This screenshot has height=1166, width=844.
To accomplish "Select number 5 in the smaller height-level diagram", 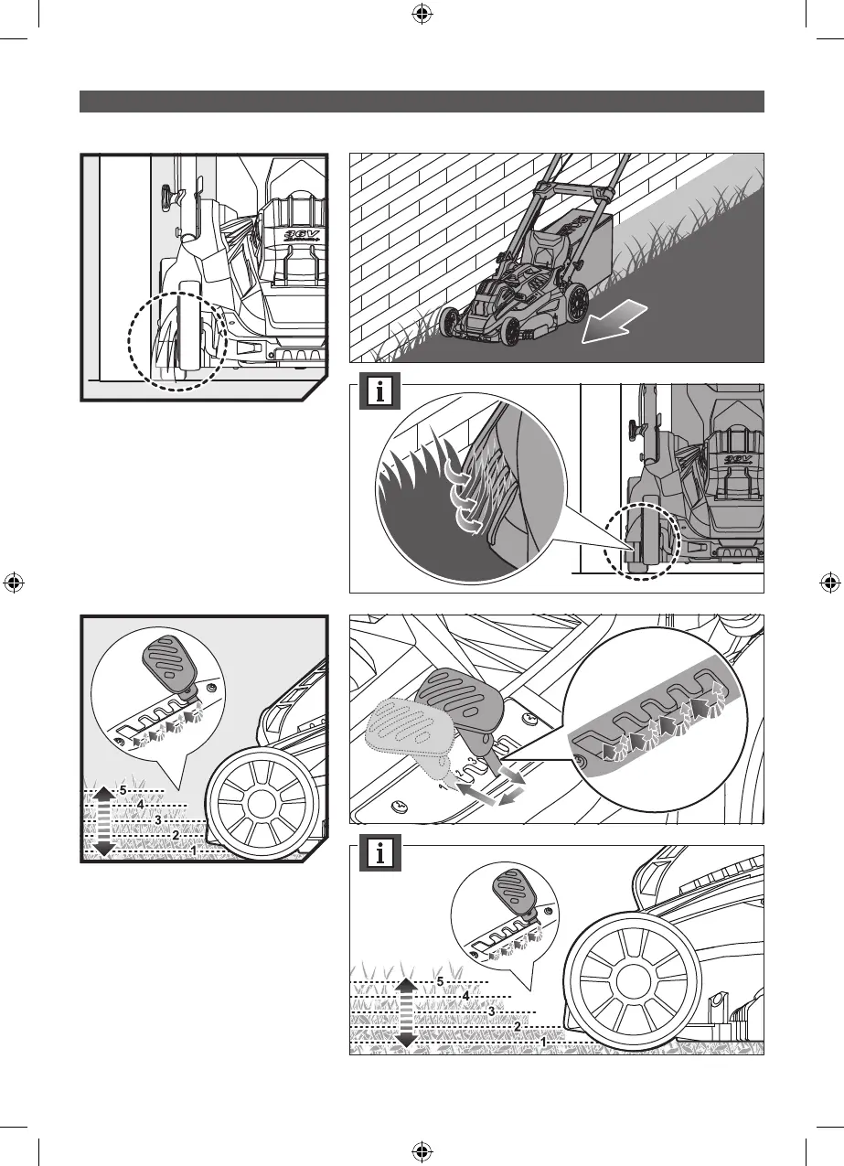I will tap(123, 790).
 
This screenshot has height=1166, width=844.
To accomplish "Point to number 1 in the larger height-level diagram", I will tap(544, 1042).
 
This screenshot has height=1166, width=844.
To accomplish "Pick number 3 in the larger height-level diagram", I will tap(491, 1011).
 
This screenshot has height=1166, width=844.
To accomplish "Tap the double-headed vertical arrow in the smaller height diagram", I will tap(103, 820).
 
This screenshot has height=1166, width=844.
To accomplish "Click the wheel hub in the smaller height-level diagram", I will tap(262, 807).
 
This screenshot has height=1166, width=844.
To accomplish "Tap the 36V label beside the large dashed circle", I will tap(295, 233).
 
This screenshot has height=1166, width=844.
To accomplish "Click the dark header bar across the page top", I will tap(422, 101).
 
